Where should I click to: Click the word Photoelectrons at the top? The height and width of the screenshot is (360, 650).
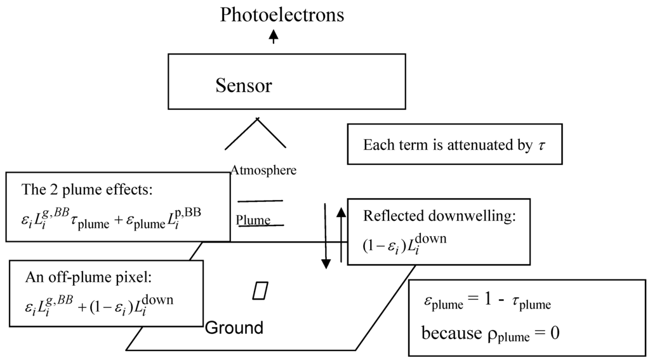pos(282,15)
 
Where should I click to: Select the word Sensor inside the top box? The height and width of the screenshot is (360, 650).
pos(243,85)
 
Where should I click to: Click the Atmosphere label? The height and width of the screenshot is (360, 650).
pos(263,170)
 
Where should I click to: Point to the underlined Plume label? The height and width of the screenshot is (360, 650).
pos(253,220)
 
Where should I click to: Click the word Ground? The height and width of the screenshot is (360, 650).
pos(234,328)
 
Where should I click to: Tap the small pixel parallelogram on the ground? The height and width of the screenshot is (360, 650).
pos(260,290)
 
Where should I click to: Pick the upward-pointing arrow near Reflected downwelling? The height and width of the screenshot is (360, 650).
pos(341,235)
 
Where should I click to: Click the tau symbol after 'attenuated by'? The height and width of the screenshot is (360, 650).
pos(541,145)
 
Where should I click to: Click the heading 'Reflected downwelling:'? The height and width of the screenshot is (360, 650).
pos(439,215)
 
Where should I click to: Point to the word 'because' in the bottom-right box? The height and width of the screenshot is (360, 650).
pos(448,332)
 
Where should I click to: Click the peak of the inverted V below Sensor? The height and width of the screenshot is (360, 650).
pos(257,119)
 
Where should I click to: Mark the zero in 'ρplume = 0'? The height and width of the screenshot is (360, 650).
pos(554,332)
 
